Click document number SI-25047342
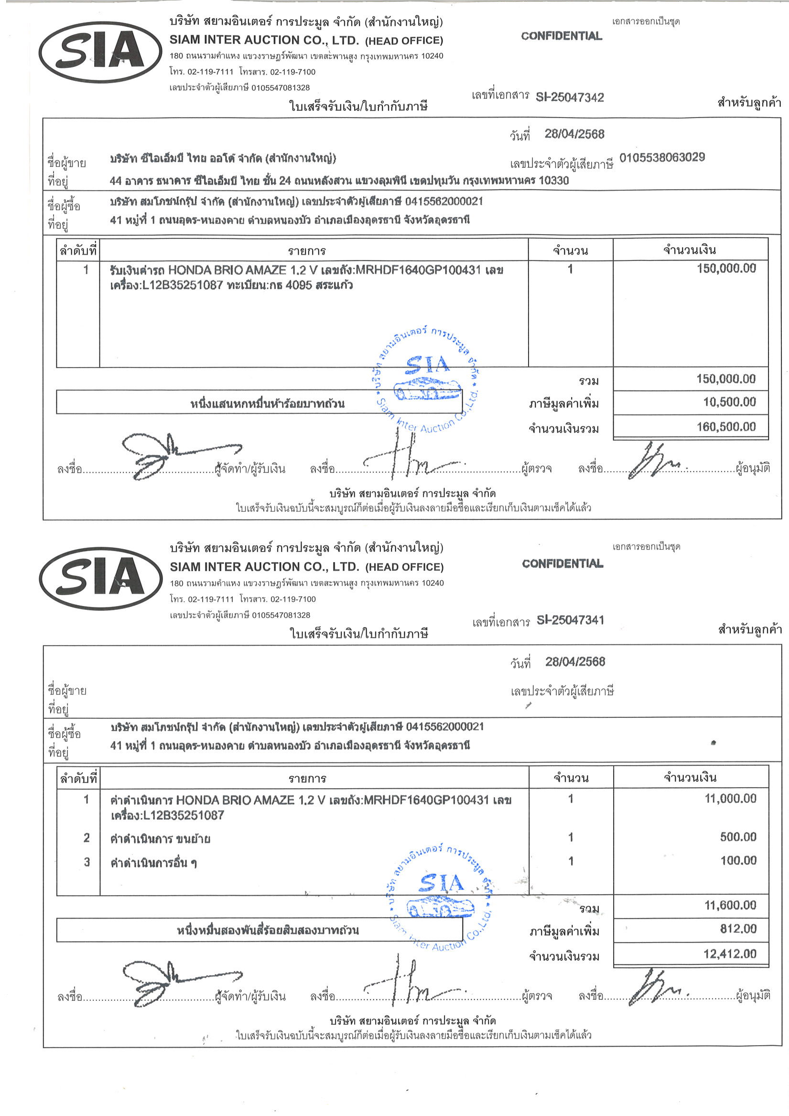[569, 97]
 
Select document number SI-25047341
[570, 620]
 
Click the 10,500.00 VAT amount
[729, 402]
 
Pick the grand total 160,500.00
[726, 427]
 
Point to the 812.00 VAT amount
[738, 929]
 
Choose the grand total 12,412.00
[730, 953]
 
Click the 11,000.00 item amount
[730, 798]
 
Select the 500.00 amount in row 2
[738, 836]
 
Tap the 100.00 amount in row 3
[738, 860]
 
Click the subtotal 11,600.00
[730, 905]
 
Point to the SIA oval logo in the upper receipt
[101, 52]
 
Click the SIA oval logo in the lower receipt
[101, 578]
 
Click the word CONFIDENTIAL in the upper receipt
[562, 36]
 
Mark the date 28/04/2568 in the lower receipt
[574, 661]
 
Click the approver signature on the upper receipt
[654, 461]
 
